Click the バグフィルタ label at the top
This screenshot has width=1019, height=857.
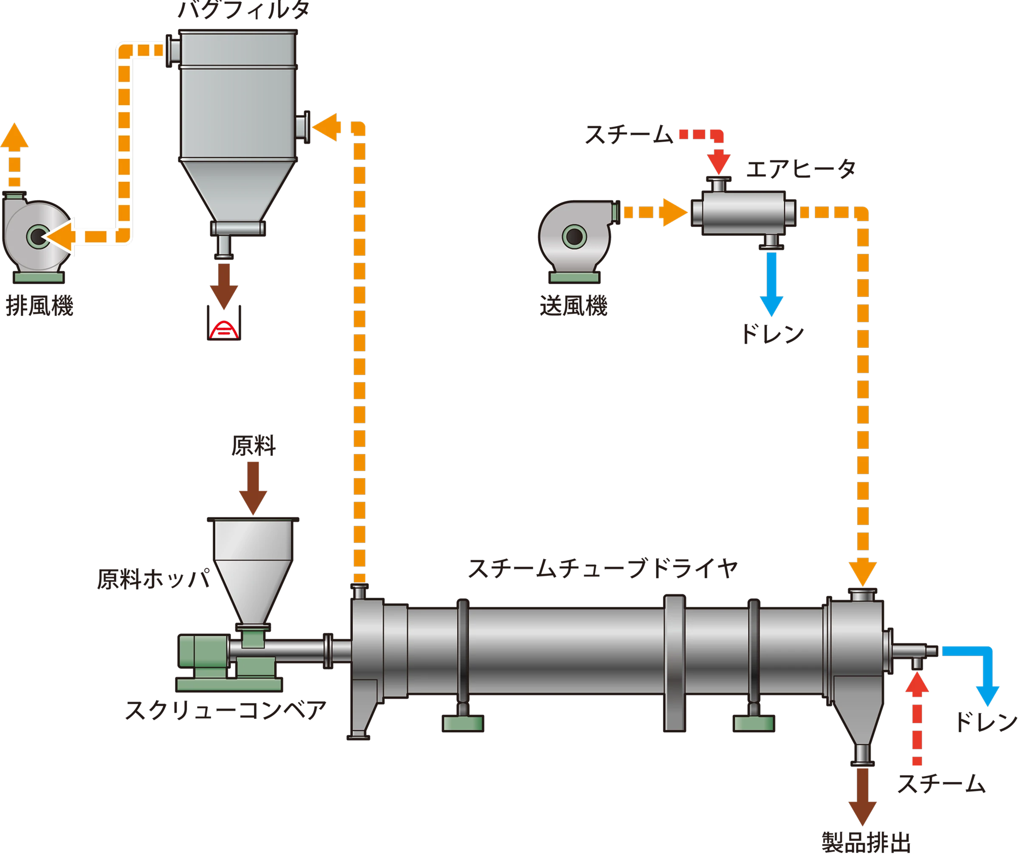tap(243, 10)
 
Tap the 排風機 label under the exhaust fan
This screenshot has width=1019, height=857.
tap(40, 307)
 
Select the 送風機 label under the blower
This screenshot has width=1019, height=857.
tap(574, 307)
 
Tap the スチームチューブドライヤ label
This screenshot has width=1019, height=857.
tap(602, 568)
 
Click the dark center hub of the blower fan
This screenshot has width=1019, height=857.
tap(574, 237)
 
